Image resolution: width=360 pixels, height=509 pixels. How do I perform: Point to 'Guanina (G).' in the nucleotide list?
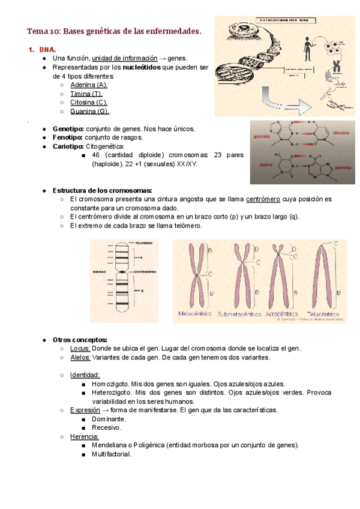[x=89, y=112]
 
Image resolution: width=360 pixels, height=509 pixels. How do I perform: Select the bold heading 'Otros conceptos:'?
[x=80, y=340]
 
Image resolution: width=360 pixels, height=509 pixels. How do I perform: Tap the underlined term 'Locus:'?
[x=80, y=349]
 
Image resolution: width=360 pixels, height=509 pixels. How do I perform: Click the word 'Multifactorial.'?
[x=112, y=454]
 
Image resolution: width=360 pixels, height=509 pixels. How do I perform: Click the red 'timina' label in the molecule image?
[x=266, y=164]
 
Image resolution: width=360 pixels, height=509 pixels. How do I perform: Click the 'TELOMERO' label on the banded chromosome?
[x=143, y=243]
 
